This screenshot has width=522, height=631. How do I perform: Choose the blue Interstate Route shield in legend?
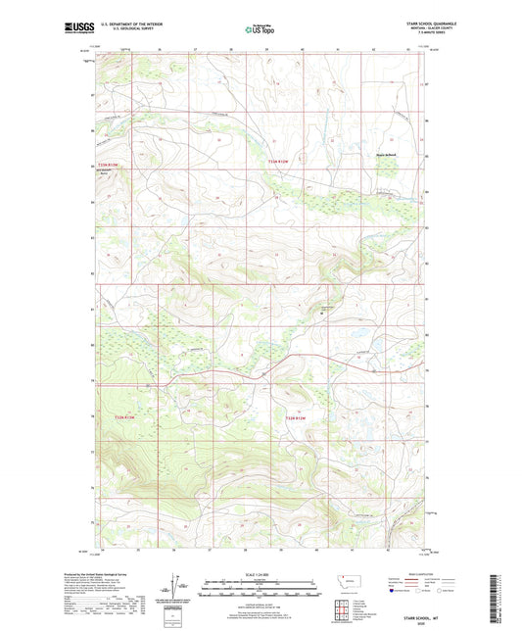(394, 591)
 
